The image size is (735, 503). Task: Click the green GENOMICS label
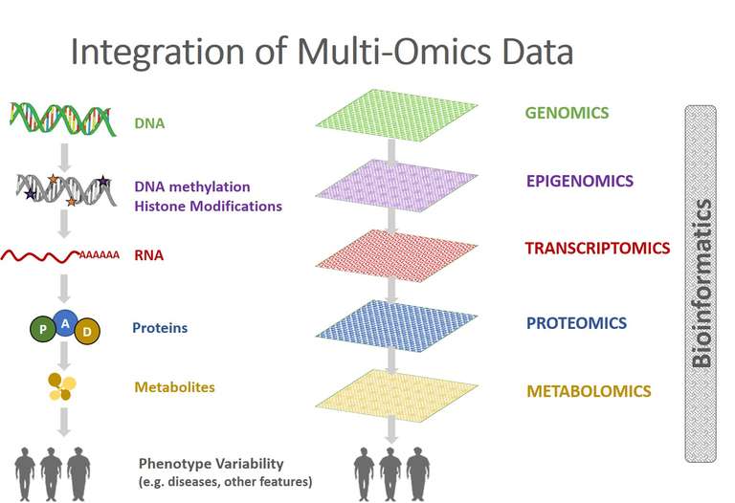click(566, 113)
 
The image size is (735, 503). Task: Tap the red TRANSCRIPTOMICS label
click(597, 248)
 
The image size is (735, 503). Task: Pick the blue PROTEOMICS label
click(576, 323)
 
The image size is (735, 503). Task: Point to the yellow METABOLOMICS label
click(589, 391)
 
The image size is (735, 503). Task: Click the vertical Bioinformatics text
click(702, 283)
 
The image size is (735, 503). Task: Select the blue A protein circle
click(65, 322)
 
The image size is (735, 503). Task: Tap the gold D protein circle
click(86, 330)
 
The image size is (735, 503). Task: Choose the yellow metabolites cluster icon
click(63, 386)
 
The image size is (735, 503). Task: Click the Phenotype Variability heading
click(212, 463)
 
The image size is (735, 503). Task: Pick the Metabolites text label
click(174, 387)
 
